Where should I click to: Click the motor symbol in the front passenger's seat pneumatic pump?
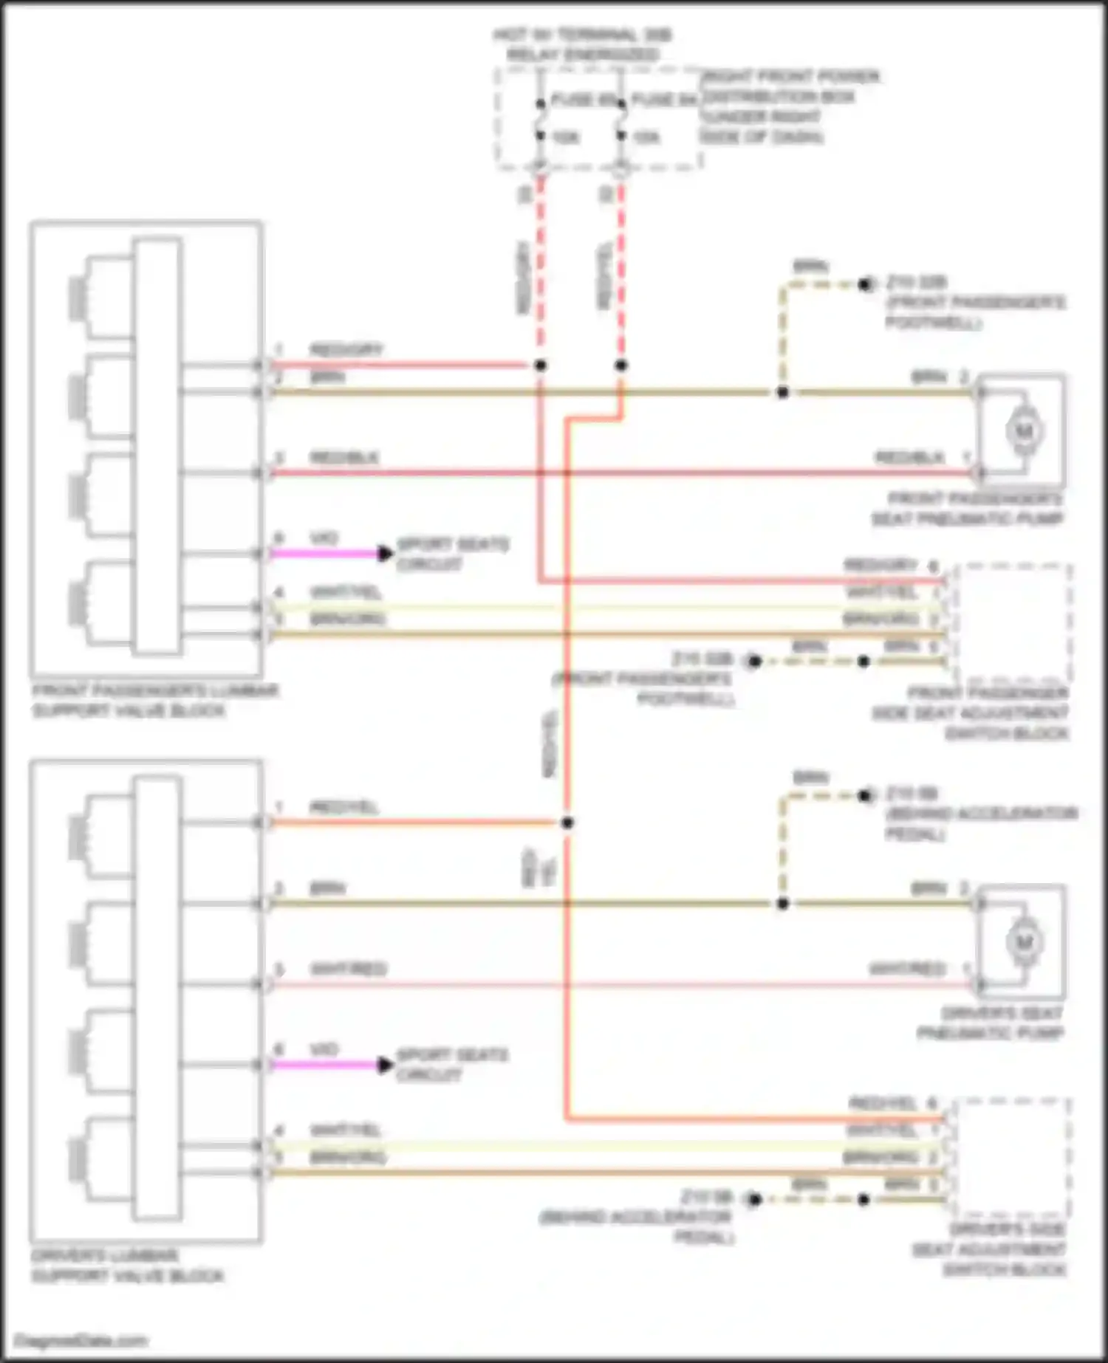(x=1024, y=430)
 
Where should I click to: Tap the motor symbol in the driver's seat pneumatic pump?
(x=1024, y=941)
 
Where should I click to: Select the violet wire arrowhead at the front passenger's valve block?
(x=385, y=553)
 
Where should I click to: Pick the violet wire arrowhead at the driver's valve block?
(x=385, y=1065)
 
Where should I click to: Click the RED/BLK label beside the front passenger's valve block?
(x=343, y=458)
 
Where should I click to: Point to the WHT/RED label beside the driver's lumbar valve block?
(x=347, y=969)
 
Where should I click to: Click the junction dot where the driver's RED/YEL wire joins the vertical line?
(x=567, y=823)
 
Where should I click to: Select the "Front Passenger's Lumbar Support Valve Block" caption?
(x=155, y=701)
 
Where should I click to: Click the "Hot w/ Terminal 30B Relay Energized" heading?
(x=583, y=45)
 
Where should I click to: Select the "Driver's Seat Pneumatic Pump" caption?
(x=991, y=1023)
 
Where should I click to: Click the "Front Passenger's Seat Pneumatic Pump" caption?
(x=968, y=509)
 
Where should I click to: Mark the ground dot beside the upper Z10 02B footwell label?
(x=865, y=284)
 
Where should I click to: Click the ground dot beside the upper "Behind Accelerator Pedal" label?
(x=865, y=796)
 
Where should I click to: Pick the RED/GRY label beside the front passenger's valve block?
(x=346, y=349)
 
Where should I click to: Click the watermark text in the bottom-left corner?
(x=81, y=1340)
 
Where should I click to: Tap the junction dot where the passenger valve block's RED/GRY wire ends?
(x=541, y=365)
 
